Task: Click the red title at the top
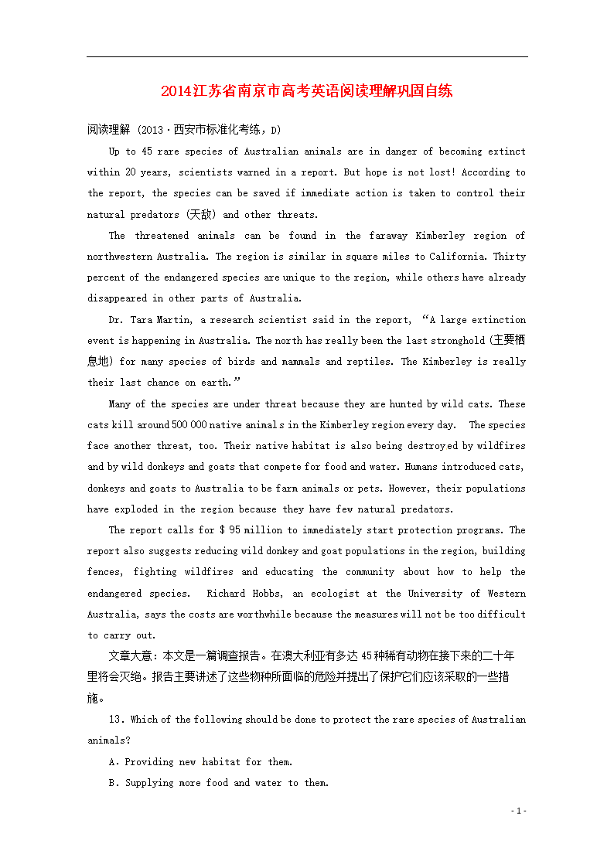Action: pyautogui.click(x=306, y=90)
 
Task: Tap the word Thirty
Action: pyautogui.click(x=510, y=257)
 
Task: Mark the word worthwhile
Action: pyautogui.click(x=266, y=614)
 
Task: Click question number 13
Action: pyautogui.click(x=117, y=720)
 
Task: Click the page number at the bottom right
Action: pyautogui.click(x=519, y=811)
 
